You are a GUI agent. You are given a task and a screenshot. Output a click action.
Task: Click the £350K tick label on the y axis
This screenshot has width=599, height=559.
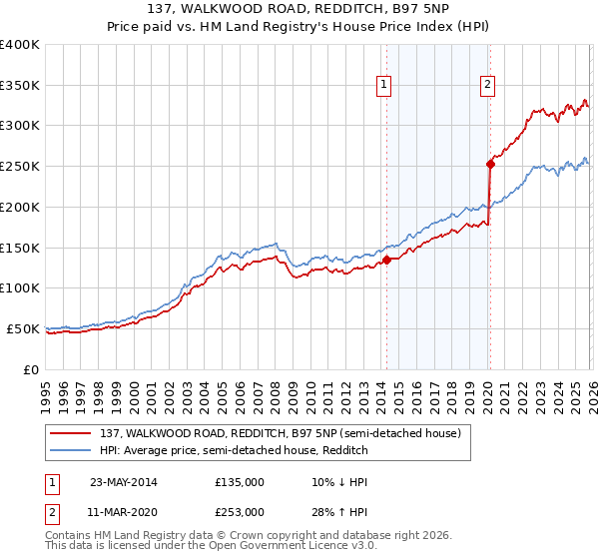[x=20, y=85]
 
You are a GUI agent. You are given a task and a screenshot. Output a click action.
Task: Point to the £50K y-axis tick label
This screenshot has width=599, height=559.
[x=23, y=328]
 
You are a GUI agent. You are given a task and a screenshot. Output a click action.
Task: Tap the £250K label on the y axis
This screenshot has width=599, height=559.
[x=20, y=167]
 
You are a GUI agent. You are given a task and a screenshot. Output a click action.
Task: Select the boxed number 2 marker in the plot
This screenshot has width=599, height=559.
[x=488, y=86]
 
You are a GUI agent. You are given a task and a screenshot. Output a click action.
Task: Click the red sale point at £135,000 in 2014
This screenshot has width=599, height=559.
[x=386, y=260]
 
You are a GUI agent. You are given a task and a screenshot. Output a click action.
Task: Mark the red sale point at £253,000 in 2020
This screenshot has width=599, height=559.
[x=490, y=164]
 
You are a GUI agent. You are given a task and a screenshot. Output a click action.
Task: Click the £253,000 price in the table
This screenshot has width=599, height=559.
[x=240, y=512]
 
